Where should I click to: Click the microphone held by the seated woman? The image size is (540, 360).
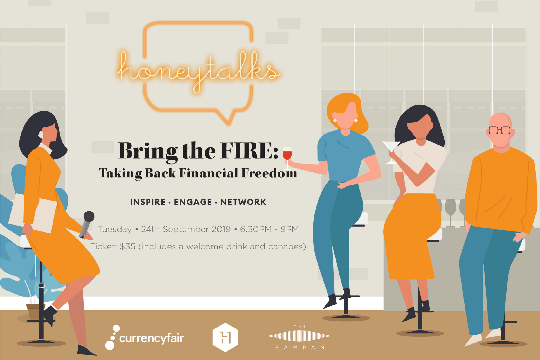(87, 224)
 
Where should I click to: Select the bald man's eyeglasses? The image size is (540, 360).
(499, 130)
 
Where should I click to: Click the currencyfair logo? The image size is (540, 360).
(145, 337)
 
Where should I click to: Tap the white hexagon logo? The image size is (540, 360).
(225, 337)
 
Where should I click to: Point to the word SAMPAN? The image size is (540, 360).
(300, 348)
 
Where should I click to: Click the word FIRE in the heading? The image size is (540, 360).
(249, 151)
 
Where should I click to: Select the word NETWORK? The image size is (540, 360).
(243, 202)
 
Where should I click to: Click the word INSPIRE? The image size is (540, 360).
(148, 202)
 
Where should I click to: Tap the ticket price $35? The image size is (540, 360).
(127, 246)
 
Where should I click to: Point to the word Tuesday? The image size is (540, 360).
(114, 229)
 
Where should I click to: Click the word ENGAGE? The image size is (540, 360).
(193, 202)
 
